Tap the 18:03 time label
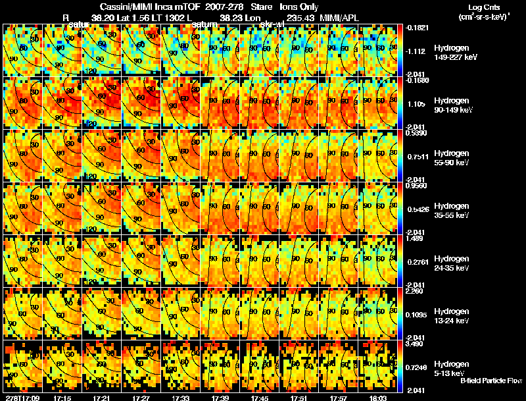click(377, 398)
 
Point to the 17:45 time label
click(259, 398)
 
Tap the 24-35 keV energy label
click(451, 268)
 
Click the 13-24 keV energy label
click(451, 321)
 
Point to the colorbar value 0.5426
click(417, 210)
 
